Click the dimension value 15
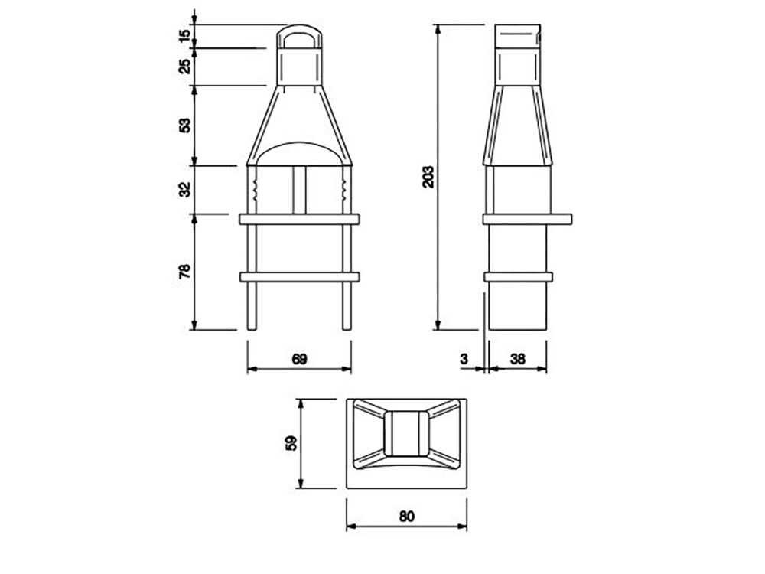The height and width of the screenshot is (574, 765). click(x=184, y=35)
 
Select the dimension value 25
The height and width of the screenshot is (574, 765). click(x=184, y=67)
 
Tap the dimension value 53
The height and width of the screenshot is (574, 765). click(x=184, y=125)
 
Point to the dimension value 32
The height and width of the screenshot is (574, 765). click(x=184, y=189)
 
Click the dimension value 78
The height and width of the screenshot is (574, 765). click(x=184, y=272)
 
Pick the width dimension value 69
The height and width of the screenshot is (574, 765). click(x=299, y=359)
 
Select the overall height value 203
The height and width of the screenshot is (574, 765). click(x=428, y=177)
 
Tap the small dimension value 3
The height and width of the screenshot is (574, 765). click(x=464, y=359)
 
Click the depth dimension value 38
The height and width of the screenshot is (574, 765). click(x=518, y=359)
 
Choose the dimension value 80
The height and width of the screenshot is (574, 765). click(x=406, y=516)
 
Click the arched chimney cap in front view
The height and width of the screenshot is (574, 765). click(x=299, y=36)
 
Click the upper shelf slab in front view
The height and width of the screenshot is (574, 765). click(x=299, y=219)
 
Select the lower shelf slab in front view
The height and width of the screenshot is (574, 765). click(x=299, y=276)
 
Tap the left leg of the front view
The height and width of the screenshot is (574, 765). click(x=252, y=306)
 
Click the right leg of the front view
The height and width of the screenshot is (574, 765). click(x=347, y=306)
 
